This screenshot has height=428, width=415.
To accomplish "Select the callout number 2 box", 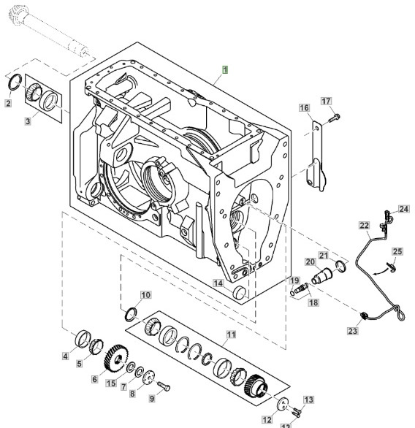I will (8, 104).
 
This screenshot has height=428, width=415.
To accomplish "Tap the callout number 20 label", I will (309, 261).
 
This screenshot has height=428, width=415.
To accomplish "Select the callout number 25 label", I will (396, 252).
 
